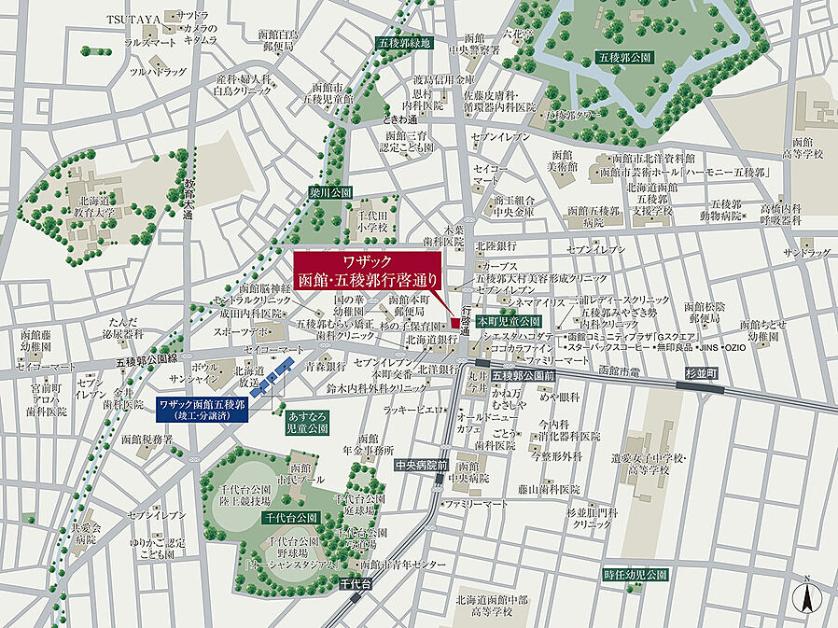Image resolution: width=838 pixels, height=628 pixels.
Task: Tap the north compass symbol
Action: pos(803,594)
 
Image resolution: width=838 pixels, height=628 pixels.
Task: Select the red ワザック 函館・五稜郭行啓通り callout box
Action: pos(370,270)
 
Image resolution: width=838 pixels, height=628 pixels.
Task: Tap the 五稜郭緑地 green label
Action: pos(404,43)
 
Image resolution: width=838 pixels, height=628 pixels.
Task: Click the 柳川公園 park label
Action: pos(332,190)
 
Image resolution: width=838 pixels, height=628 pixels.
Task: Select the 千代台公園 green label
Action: pos(291,516)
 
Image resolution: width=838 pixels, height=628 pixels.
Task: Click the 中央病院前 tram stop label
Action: pos(422,464)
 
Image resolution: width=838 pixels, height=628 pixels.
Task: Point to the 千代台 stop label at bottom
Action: pos(354,583)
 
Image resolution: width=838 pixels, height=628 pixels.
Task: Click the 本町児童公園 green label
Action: pos(502,320)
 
